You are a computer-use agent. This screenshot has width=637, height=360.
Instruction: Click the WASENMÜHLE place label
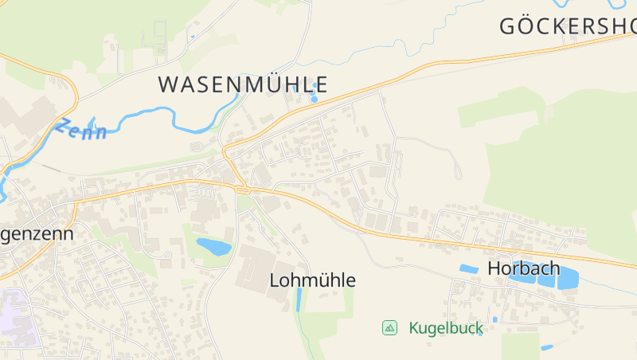click(x=243, y=84)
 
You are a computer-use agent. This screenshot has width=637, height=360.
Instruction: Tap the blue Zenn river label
click(x=81, y=128)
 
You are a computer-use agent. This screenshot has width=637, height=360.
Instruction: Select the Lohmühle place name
click(x=312, y=280)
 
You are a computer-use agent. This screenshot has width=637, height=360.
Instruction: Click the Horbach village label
click(x=523, y=268)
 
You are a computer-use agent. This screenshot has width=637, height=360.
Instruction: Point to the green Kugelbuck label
click(x=445, y=327)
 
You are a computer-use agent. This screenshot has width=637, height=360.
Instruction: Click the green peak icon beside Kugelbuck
click(x=389, y=327)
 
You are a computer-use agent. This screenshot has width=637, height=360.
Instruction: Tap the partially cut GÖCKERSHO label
click(x=567, y=25)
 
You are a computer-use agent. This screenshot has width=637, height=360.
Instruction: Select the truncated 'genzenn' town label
click(x=37, y=234)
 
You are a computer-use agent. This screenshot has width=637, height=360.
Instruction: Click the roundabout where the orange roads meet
click(x=242, y=190)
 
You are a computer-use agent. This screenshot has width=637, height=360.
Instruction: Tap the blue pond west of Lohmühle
click(x=213, y=247)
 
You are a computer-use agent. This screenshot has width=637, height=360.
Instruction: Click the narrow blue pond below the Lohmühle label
click(x=299, y=299)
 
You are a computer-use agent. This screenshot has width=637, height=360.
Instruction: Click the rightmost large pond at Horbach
click(x=568, y=278)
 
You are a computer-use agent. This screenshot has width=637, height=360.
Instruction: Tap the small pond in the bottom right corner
click(x=546, y=347)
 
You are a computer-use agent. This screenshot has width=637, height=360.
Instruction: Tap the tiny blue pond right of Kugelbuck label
click(x=494, y=319)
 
